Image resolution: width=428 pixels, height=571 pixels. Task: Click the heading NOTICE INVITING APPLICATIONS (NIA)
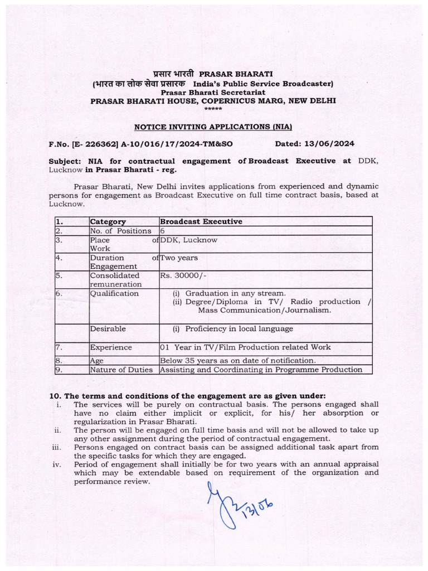213,127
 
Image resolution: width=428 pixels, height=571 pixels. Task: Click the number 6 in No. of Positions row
163,231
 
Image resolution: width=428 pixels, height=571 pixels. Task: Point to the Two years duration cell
179,258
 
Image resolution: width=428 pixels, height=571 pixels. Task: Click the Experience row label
111,347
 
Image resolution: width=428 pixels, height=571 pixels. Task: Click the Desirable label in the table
108,329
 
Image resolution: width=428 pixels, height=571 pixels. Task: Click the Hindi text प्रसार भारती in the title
166,74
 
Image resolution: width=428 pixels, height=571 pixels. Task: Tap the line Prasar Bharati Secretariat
213,92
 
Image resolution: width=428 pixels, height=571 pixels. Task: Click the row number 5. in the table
59,275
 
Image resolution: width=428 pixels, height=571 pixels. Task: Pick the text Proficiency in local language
239,329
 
